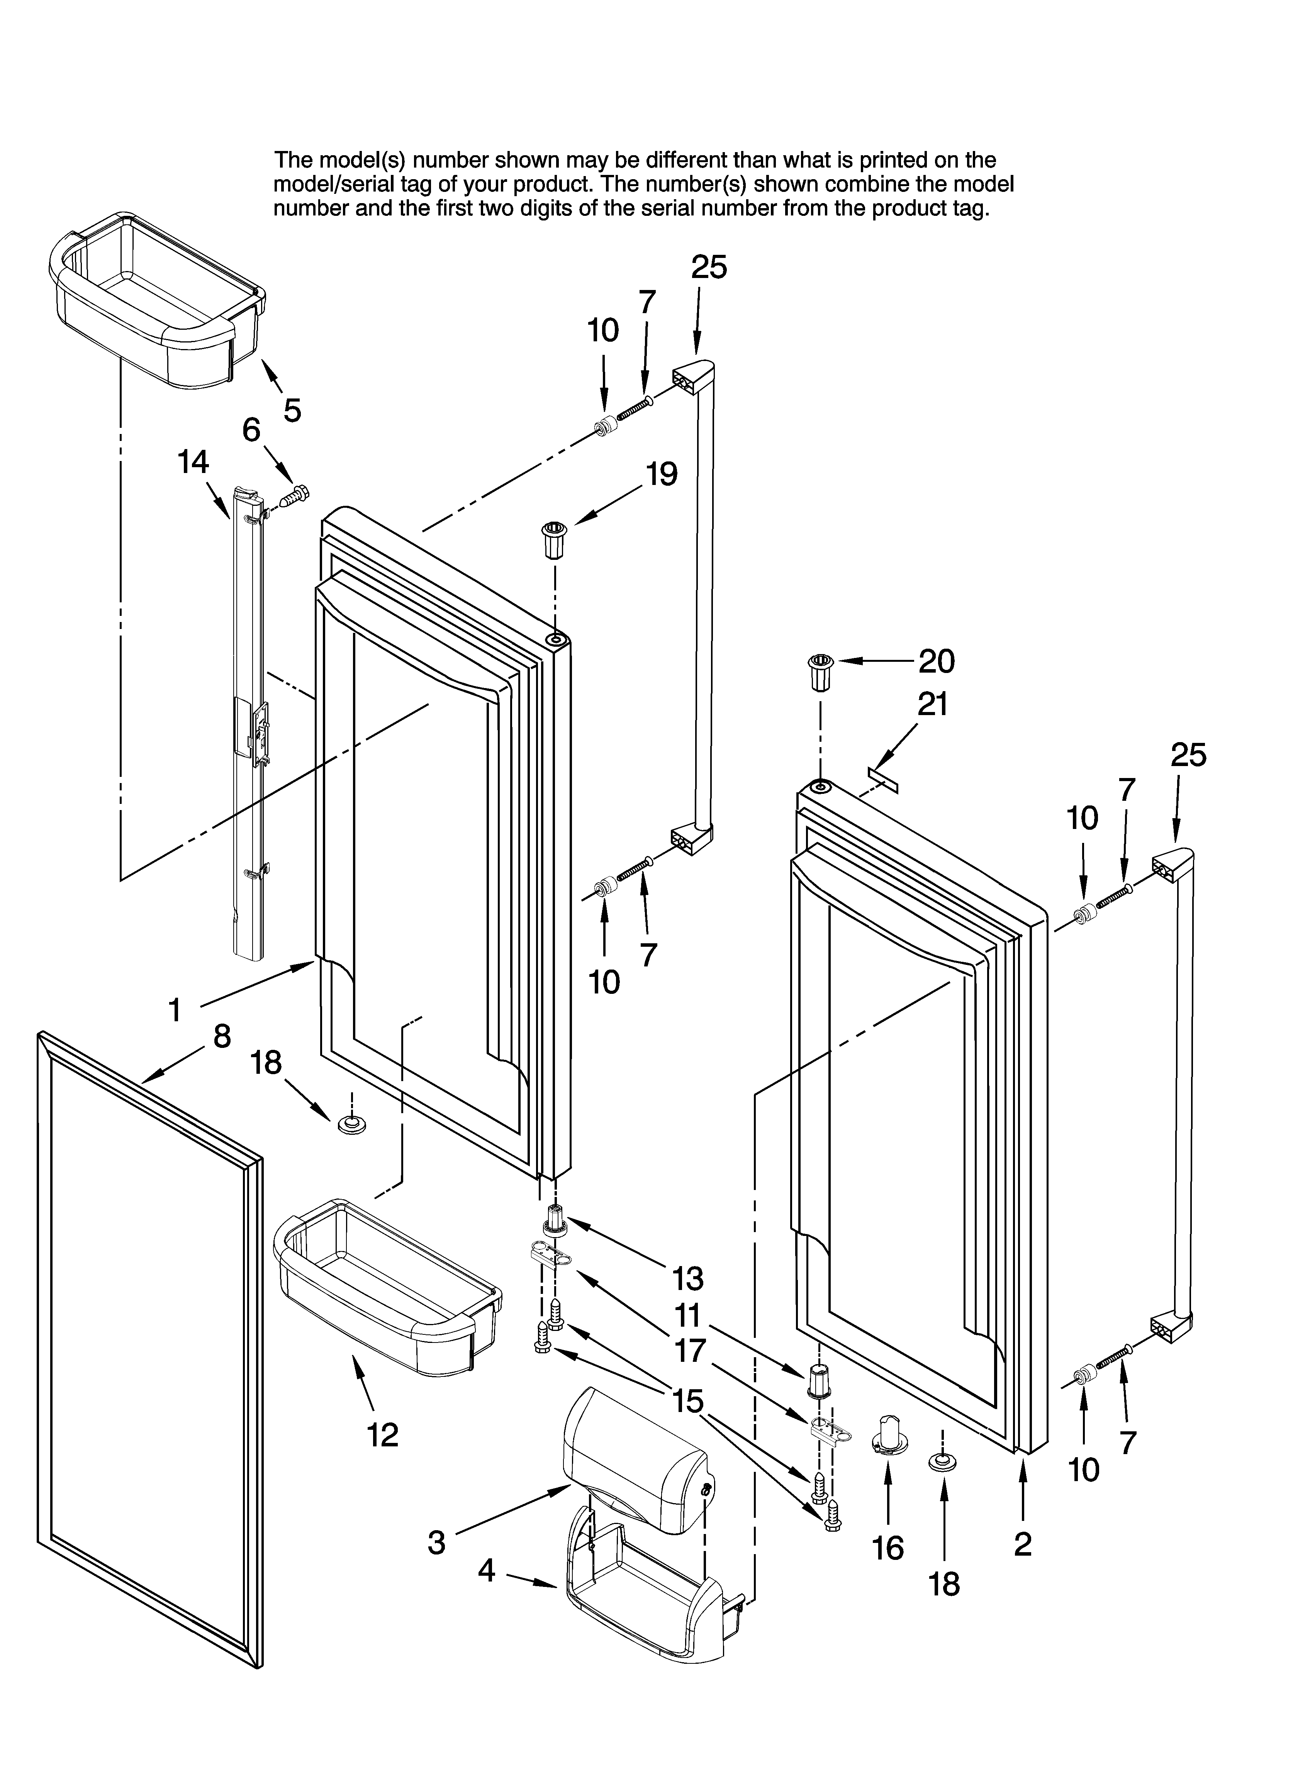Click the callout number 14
(x=193, y=463)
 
